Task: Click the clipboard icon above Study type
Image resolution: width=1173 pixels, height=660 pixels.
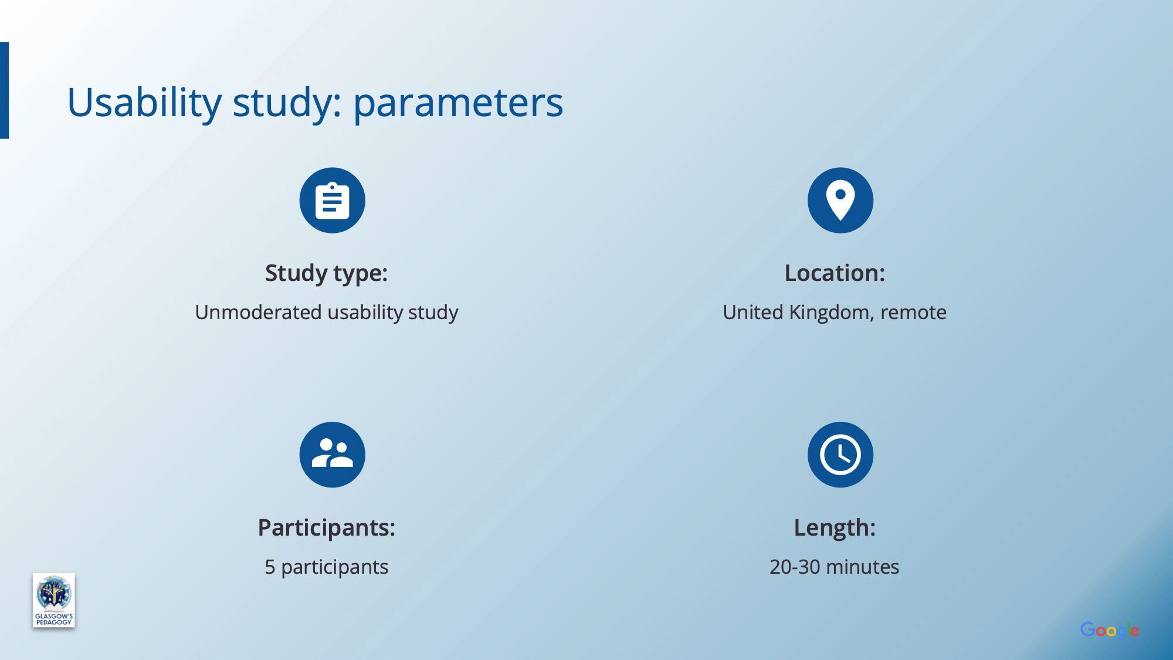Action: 332,201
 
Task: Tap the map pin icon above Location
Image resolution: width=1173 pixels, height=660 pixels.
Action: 840,201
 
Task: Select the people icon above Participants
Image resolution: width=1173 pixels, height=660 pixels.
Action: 332,455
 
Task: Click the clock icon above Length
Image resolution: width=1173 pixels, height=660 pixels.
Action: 840,455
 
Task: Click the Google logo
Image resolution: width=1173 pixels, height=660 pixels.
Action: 1110,631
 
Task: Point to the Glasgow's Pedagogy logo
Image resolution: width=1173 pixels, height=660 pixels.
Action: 53,600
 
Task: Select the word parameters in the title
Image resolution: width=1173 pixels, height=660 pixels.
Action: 458,104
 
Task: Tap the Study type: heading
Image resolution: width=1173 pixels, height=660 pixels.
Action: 326,273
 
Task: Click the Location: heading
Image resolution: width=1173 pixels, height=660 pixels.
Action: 835,273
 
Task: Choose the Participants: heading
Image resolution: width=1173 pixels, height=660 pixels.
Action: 327,528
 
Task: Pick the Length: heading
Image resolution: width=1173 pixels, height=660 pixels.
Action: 835,528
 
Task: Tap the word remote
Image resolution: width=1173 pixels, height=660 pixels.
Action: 913,313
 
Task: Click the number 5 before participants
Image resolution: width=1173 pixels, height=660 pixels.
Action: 270,567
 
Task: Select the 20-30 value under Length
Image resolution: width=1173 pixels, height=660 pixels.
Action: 795,567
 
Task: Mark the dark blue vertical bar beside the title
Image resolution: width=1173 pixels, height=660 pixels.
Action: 4,90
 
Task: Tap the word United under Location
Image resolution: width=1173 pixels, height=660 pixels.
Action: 753,312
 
